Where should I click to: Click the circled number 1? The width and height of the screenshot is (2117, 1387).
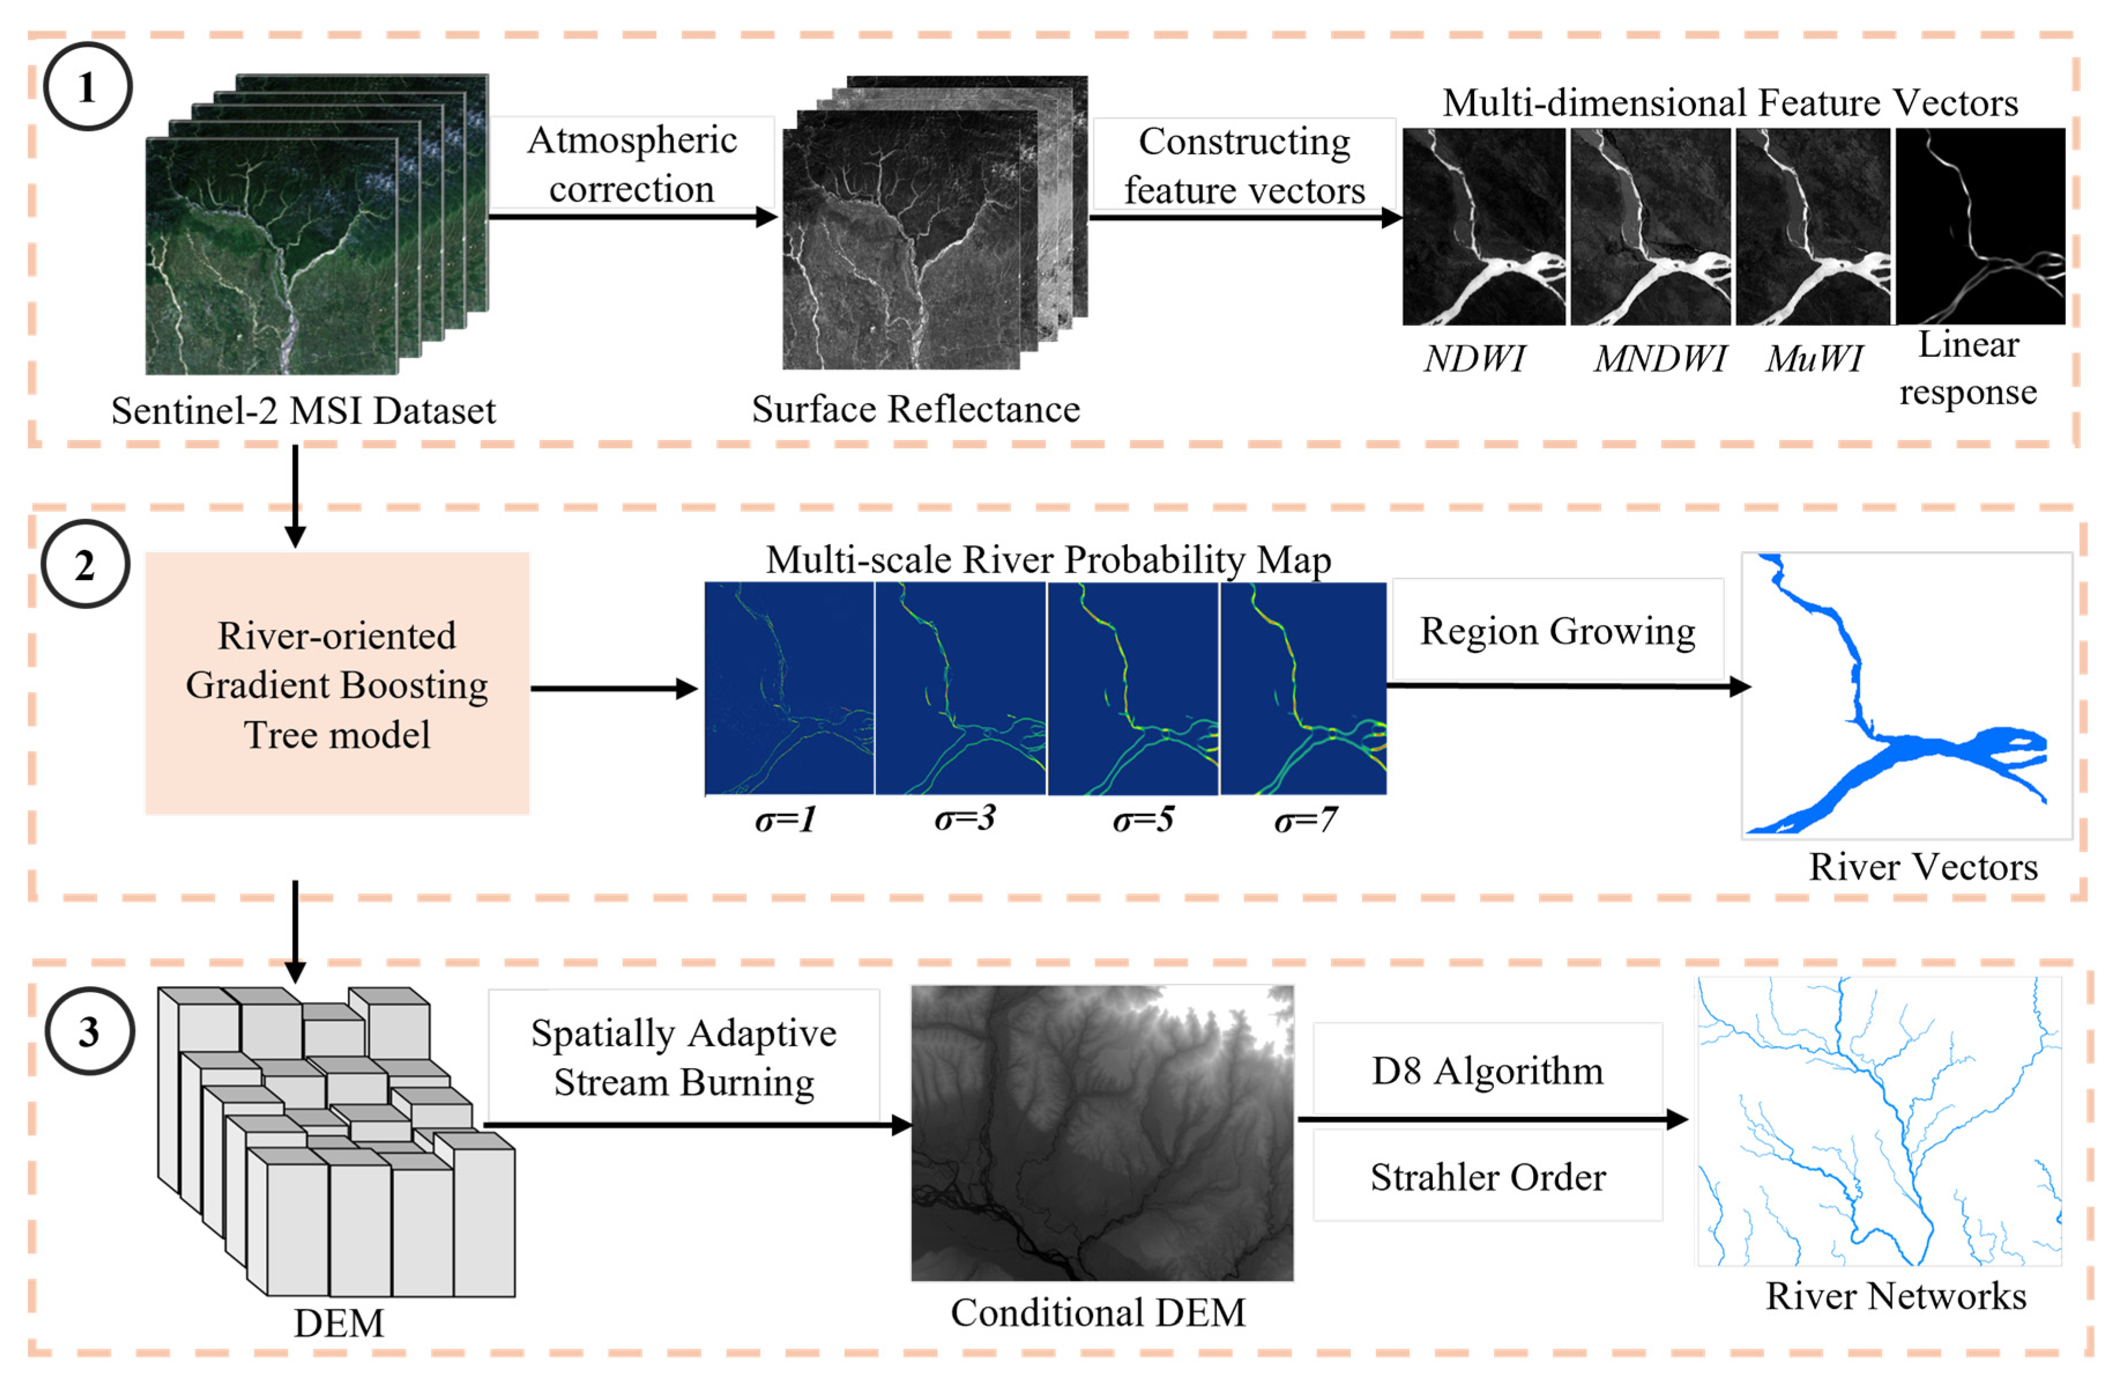coord(87,87)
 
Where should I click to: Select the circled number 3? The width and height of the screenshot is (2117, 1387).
coord(89,1031)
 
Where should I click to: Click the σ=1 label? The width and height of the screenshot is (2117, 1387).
coord(785,819)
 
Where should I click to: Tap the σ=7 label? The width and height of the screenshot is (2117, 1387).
coord(1305,819)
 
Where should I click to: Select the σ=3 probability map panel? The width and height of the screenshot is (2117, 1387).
coord(961,687)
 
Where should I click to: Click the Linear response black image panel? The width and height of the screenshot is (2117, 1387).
coord(1980,226)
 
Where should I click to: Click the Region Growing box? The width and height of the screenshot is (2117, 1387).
coord(1557,631)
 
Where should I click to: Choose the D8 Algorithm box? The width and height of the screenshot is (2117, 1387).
coord(1487,1070)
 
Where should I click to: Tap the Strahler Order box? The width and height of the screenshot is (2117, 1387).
coord(1487,1176)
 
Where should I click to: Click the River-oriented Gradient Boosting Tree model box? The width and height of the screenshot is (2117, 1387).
coord(337,683)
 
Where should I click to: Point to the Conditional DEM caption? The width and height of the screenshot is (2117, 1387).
coord(1098,1312)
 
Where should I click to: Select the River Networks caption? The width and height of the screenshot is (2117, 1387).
coord(1895,1295)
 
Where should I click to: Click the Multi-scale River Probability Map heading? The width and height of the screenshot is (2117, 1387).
coord(1049,560)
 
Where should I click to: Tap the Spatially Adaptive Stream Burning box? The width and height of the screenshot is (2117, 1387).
coord(683,1057)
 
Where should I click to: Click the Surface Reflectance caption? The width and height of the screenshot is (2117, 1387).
coord(915,409)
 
